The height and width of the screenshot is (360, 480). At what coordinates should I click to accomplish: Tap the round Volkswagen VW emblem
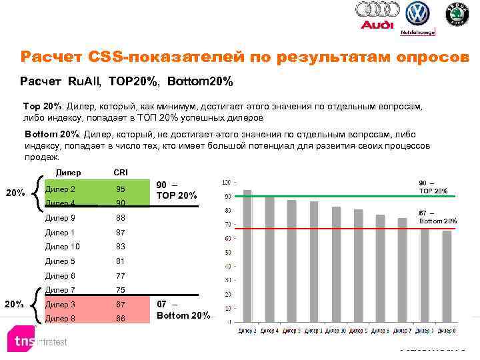click(x=418, y=14)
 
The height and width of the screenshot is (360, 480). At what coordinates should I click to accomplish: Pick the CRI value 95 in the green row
click(x=121, y=189)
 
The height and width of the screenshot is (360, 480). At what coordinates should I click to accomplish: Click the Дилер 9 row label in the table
click(x=60, y=218)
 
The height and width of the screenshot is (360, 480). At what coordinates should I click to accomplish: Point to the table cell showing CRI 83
click(x=121, y=247)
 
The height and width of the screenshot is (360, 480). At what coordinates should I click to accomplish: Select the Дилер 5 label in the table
click(x=60, y=261)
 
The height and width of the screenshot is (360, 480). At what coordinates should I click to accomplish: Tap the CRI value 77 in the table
click(x=121, y=275)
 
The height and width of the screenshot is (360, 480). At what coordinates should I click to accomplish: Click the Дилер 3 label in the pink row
click(x=60, y=305)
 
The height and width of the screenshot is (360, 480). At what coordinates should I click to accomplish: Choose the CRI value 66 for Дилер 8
click(x=121, y=319)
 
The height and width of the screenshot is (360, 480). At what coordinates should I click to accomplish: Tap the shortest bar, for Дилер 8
click(x=446, y=277)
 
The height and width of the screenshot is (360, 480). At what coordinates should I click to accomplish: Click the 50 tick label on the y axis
click(x=227, y=253)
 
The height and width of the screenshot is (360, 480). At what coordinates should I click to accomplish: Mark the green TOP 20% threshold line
click(x=333, y=196)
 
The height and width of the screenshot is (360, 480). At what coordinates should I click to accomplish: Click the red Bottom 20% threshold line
click(x=333, y=229)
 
